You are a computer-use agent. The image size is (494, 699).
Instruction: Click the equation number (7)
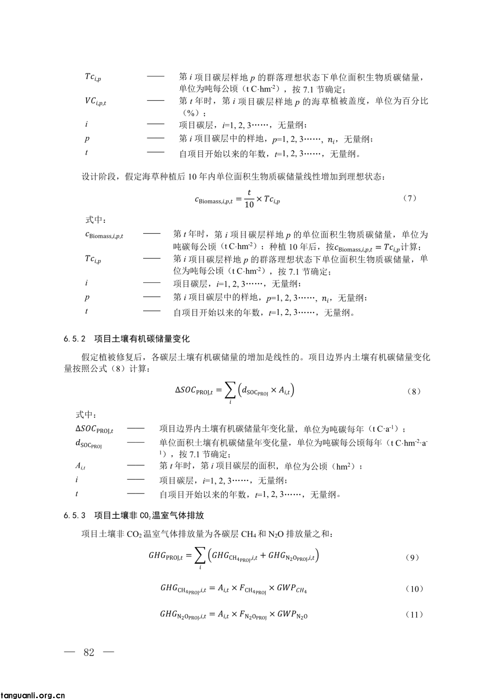[x=410, y=198]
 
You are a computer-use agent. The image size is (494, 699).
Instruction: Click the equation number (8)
[x=413, y=391]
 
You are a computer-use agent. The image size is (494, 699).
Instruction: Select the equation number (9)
[x=413, y=557]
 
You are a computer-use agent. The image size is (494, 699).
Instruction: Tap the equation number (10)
[x=414, y=589]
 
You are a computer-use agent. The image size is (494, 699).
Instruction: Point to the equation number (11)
[x=414, y=614]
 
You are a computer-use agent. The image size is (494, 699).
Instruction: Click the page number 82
[x=89, y=652]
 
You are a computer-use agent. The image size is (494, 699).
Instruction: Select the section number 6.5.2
[x=75, y=339]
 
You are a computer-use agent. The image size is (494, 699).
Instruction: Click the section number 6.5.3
[x=75, y=516]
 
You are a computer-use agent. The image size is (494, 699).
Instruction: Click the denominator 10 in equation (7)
[x=249, y=204]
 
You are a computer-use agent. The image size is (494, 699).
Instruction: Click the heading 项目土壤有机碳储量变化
[x=142, y=339]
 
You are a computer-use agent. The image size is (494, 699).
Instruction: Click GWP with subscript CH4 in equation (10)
[x=292, y=588]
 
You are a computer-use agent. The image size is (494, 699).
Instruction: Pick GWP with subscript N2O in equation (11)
[x=292, y=614]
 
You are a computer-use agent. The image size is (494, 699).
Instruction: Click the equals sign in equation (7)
[x=238, y=199]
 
